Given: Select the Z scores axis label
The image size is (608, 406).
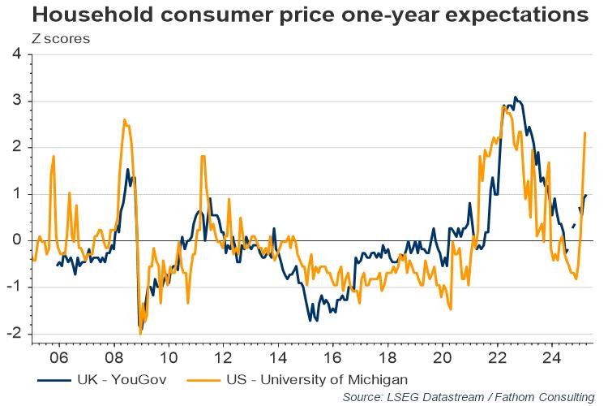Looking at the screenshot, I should [61, 37].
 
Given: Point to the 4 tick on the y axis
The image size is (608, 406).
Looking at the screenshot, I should [16, 54].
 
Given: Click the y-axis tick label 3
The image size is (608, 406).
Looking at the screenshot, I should [16, 101].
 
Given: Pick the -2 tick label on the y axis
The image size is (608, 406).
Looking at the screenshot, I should [14, 335].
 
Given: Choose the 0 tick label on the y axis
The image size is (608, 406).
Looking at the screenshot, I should [16, 241].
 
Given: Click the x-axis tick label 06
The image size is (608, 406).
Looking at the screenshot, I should [58, 358].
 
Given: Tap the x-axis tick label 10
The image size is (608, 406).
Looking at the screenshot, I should [168, 358].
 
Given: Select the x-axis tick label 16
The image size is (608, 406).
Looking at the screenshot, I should [332, 358].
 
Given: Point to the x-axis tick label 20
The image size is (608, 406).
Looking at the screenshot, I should [442, 358].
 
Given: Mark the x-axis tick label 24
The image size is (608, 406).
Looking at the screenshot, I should [552, 358].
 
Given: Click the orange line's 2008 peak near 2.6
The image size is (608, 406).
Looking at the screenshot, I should [124, 120].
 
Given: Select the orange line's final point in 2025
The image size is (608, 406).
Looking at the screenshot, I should [585, 133].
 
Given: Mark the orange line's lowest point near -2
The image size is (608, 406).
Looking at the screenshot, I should [140, 333].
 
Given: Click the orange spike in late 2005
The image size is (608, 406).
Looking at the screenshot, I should [54, 156].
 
